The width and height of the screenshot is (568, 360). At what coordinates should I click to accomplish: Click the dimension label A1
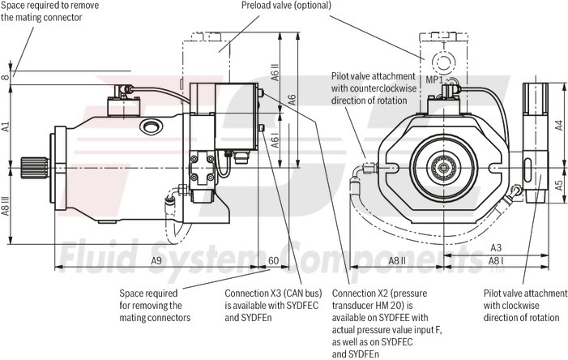[6, 126]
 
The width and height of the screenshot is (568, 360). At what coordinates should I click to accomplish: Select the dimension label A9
[157, 260]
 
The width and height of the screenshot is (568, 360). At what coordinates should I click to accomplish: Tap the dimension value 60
[274, 260]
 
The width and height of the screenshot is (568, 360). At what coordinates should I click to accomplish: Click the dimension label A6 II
[275, 77]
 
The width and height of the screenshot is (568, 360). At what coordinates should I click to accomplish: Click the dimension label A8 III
[6, 207]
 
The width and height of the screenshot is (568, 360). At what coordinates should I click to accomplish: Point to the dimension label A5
[558, 185]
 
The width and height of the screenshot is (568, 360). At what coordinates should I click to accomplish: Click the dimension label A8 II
[397, 260]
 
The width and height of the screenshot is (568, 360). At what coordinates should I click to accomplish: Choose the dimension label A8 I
[496, 260]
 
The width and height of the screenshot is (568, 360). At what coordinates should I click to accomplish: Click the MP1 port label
[434, 80]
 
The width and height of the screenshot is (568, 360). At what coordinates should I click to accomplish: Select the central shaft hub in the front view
[442, 167]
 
